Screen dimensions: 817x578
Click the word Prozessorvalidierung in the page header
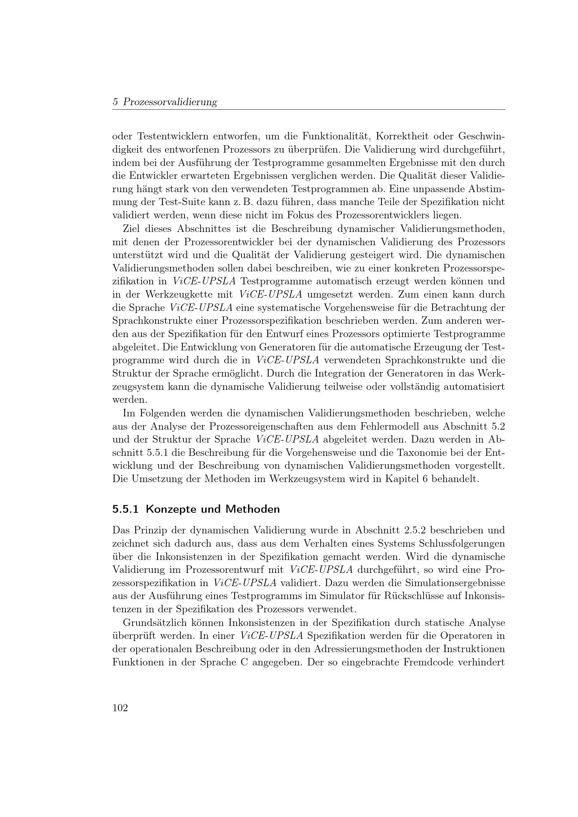tap(170, 102)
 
